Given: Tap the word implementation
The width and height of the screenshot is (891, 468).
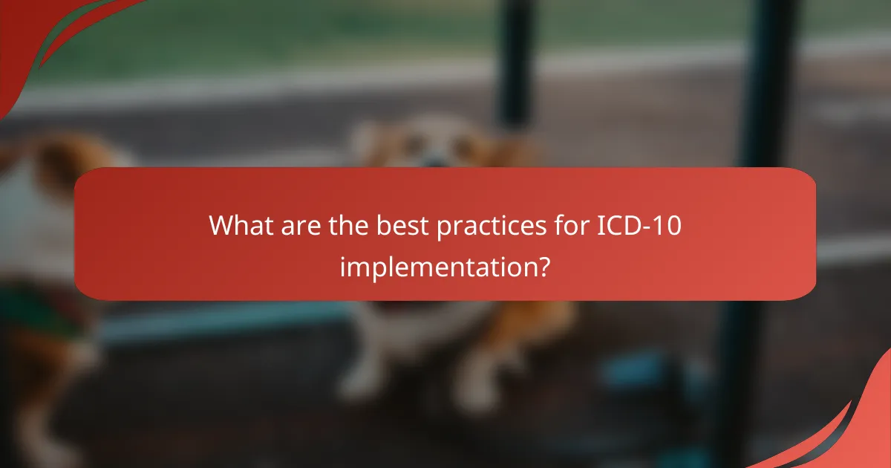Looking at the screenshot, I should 439,265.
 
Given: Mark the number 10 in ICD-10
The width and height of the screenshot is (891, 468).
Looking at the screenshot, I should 668,224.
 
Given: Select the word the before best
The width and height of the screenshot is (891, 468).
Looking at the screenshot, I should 352,224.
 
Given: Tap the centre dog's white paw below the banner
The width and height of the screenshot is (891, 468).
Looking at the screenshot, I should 356,383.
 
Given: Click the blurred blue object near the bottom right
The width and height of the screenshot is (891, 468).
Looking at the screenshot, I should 631,371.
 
